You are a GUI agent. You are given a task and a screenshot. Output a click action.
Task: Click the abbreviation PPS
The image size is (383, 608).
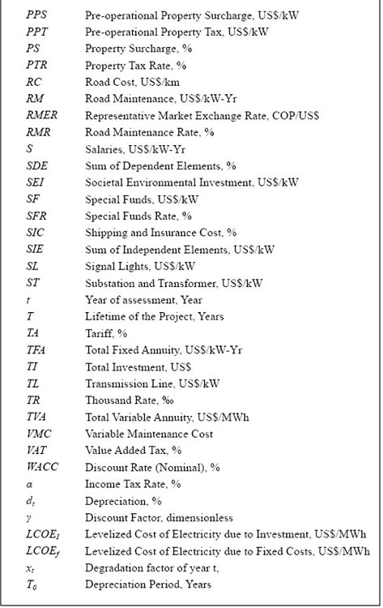pyautogui.click(x=36, y=15)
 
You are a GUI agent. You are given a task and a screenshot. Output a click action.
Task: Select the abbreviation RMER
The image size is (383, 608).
pyautogui.click(x=40, y=116)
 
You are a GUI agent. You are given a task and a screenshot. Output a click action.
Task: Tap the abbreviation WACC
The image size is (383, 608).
pyautogui.click(x=42, y=467)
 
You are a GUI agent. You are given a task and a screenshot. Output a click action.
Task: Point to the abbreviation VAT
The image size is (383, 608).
pyautogui.click(x=36, y=450)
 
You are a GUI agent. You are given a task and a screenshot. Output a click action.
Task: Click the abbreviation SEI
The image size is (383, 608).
pyautogui.click(x=34, y=182)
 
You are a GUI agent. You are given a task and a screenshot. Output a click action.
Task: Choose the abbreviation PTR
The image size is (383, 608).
pyautogui.click(x=36, y=66)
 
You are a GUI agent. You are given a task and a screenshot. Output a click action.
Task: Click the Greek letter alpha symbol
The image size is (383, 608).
pyautogui.click(x=30, y=484)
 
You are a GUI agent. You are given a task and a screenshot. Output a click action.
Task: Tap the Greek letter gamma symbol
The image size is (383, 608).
pyautogui.click(x=29, y=517)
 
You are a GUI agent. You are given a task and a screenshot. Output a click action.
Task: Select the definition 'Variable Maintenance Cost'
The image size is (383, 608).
pyautogui.click(x=146, y=434)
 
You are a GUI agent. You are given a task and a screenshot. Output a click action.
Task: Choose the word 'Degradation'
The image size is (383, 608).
pyautogui.click(x=117, y=567)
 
